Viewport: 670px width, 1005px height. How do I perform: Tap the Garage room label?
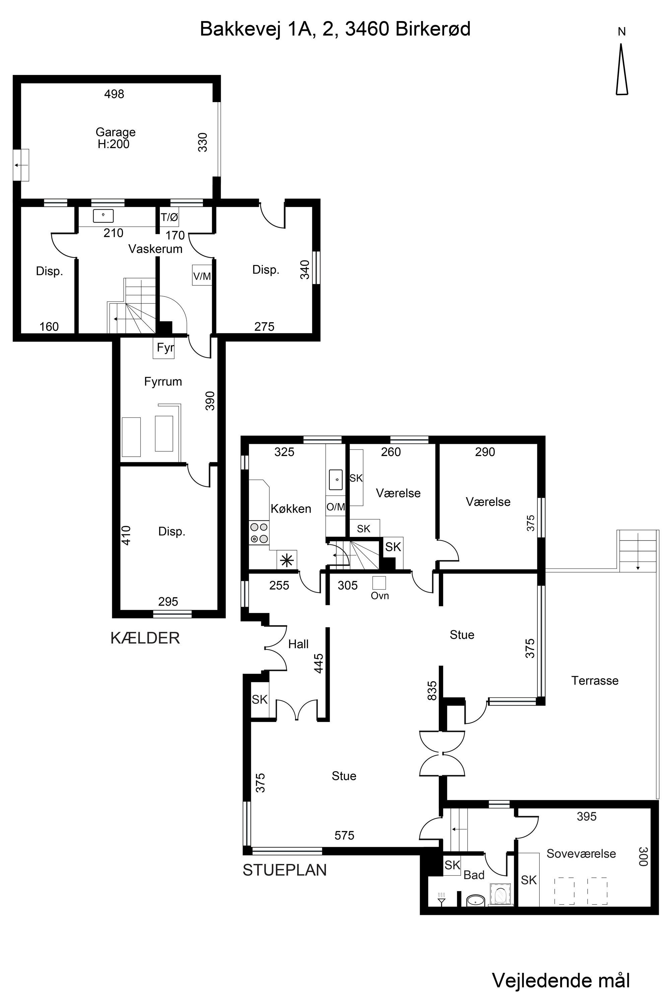click(x=115, y=132)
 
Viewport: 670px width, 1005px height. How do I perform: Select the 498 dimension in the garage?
click(x=114, y=94)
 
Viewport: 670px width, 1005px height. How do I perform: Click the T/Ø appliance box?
click(x=169, y=217)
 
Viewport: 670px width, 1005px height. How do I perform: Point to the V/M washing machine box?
click(x=202, y=276)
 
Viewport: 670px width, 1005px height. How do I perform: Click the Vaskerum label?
click(x=155, y=249)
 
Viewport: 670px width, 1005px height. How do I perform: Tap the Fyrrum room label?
click(x=163, y=382)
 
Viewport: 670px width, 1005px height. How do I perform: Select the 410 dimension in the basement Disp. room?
click(x=126, y=535)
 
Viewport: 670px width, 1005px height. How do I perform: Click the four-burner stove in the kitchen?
click(x=259, y=533)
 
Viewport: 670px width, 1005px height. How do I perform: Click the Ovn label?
click(x=380, y=596)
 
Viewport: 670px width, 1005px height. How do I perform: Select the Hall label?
click(x=298, y=644)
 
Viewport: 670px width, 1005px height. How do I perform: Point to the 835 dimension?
click(x=432, y=690)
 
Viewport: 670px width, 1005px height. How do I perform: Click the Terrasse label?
click(x=595, y=680)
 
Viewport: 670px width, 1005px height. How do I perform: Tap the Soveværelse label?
click(x=581, y=853)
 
